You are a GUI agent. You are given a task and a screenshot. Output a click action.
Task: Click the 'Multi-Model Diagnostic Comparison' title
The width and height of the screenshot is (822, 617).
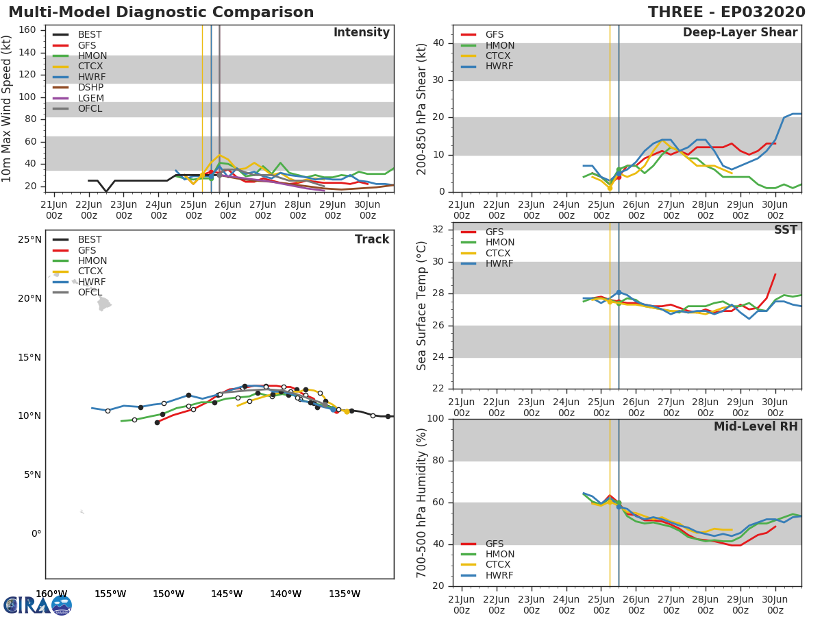pyautogui.click(x=161, y=12)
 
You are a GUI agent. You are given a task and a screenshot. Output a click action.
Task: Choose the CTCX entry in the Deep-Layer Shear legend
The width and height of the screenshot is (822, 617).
pyautogui.click(x=499, y=56)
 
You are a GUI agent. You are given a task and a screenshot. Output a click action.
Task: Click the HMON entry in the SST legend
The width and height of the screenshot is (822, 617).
pyautogui.click(x=499, y=243)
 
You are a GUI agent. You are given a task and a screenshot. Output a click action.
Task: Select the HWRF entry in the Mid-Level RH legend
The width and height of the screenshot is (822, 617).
pyautogui.click(x=499, y=575)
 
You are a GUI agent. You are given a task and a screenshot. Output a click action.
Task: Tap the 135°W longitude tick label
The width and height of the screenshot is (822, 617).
pyautogui.click(x=345, y=594)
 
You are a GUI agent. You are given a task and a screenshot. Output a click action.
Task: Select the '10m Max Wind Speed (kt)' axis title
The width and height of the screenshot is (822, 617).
pyautogui.click(x=8, y=108)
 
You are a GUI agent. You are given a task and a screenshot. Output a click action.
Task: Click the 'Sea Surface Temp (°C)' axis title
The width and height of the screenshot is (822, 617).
pyautogui.click(x=422, y=306)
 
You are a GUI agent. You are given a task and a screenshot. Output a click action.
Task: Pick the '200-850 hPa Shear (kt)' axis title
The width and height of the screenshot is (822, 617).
pyautogui.click(x=422, y=108)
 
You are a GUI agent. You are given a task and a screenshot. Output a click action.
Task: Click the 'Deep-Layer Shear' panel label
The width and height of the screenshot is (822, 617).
pyautogui.click(x=740, y=33)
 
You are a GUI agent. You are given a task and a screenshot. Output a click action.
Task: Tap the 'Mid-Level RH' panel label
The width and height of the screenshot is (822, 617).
pyautogui.click(x=756, y=426)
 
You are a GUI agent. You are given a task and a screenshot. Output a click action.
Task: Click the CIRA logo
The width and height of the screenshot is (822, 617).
pyautogui.click(x=37, y=605)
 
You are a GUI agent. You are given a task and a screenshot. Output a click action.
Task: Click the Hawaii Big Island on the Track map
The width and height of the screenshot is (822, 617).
pyautogui.click(x=103, y=303)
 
